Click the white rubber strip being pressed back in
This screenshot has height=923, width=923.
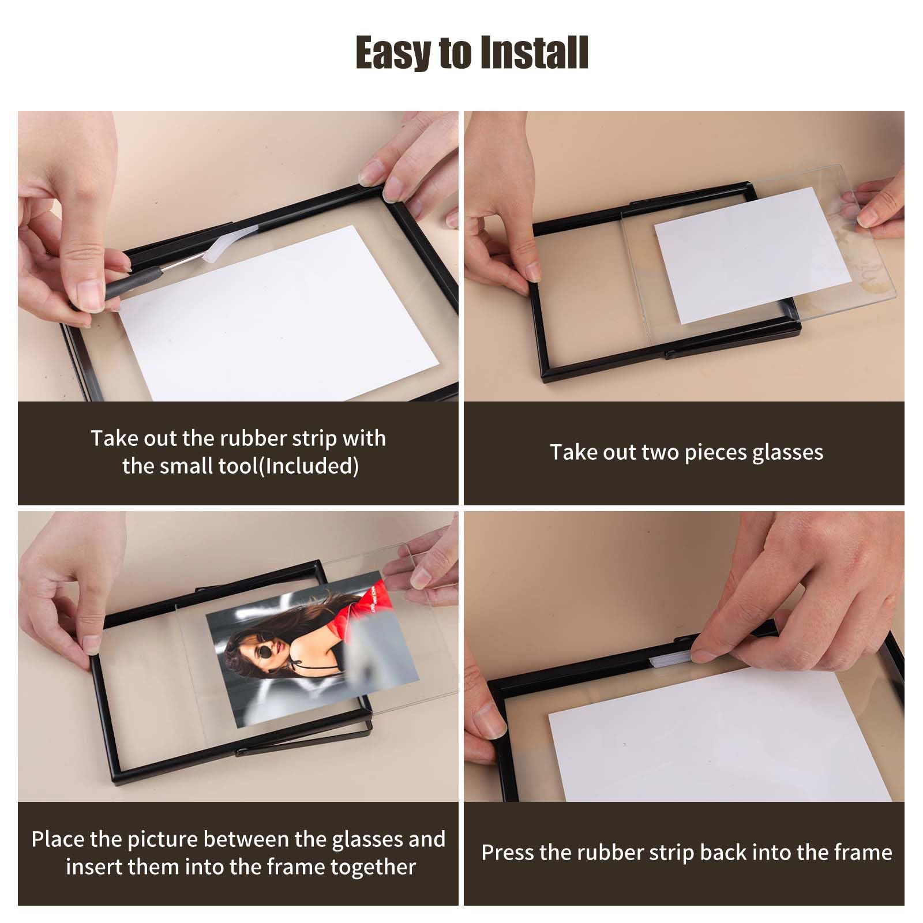pyautogui.click(x=671, y=657)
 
